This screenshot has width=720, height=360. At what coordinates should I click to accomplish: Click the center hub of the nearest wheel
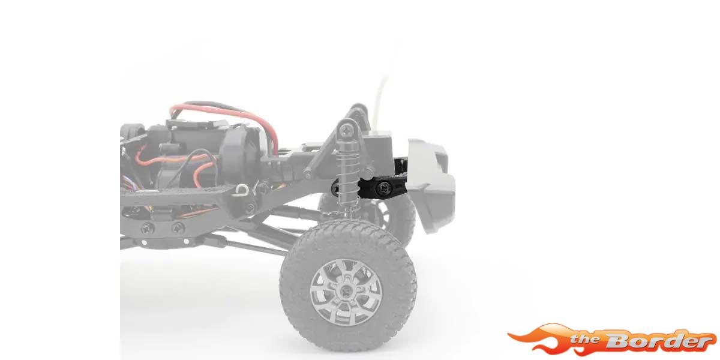346,292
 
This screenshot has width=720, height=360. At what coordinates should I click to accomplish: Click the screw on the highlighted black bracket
385,187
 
